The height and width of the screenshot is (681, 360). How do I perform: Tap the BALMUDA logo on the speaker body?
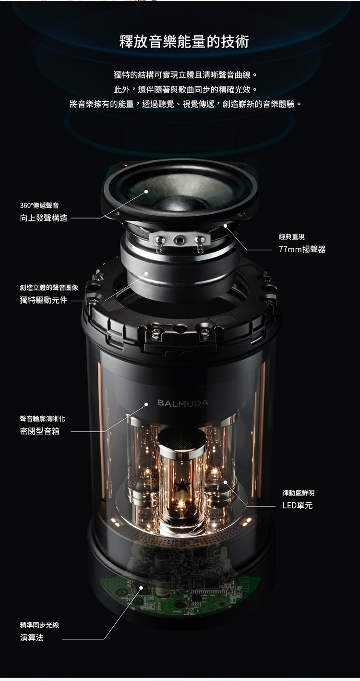click(x=183, y=402)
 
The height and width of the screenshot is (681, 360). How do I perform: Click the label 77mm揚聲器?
click(x=302, y=249)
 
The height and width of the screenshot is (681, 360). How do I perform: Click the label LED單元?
click(x=297, y=505)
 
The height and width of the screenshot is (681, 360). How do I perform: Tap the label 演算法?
click(x=32, y=638)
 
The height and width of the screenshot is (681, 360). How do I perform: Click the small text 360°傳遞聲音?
click(x=39, y=206)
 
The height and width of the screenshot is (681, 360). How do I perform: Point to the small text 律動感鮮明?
click(x=299, y=493)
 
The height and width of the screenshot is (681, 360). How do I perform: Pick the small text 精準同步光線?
click(x=39, y=625)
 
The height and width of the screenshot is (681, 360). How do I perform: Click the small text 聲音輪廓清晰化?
click(x=42, y=419)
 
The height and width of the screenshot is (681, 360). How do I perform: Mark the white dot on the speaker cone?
click(x=146, y=191)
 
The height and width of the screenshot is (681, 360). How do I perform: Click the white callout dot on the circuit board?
click(x=141, y=587)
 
